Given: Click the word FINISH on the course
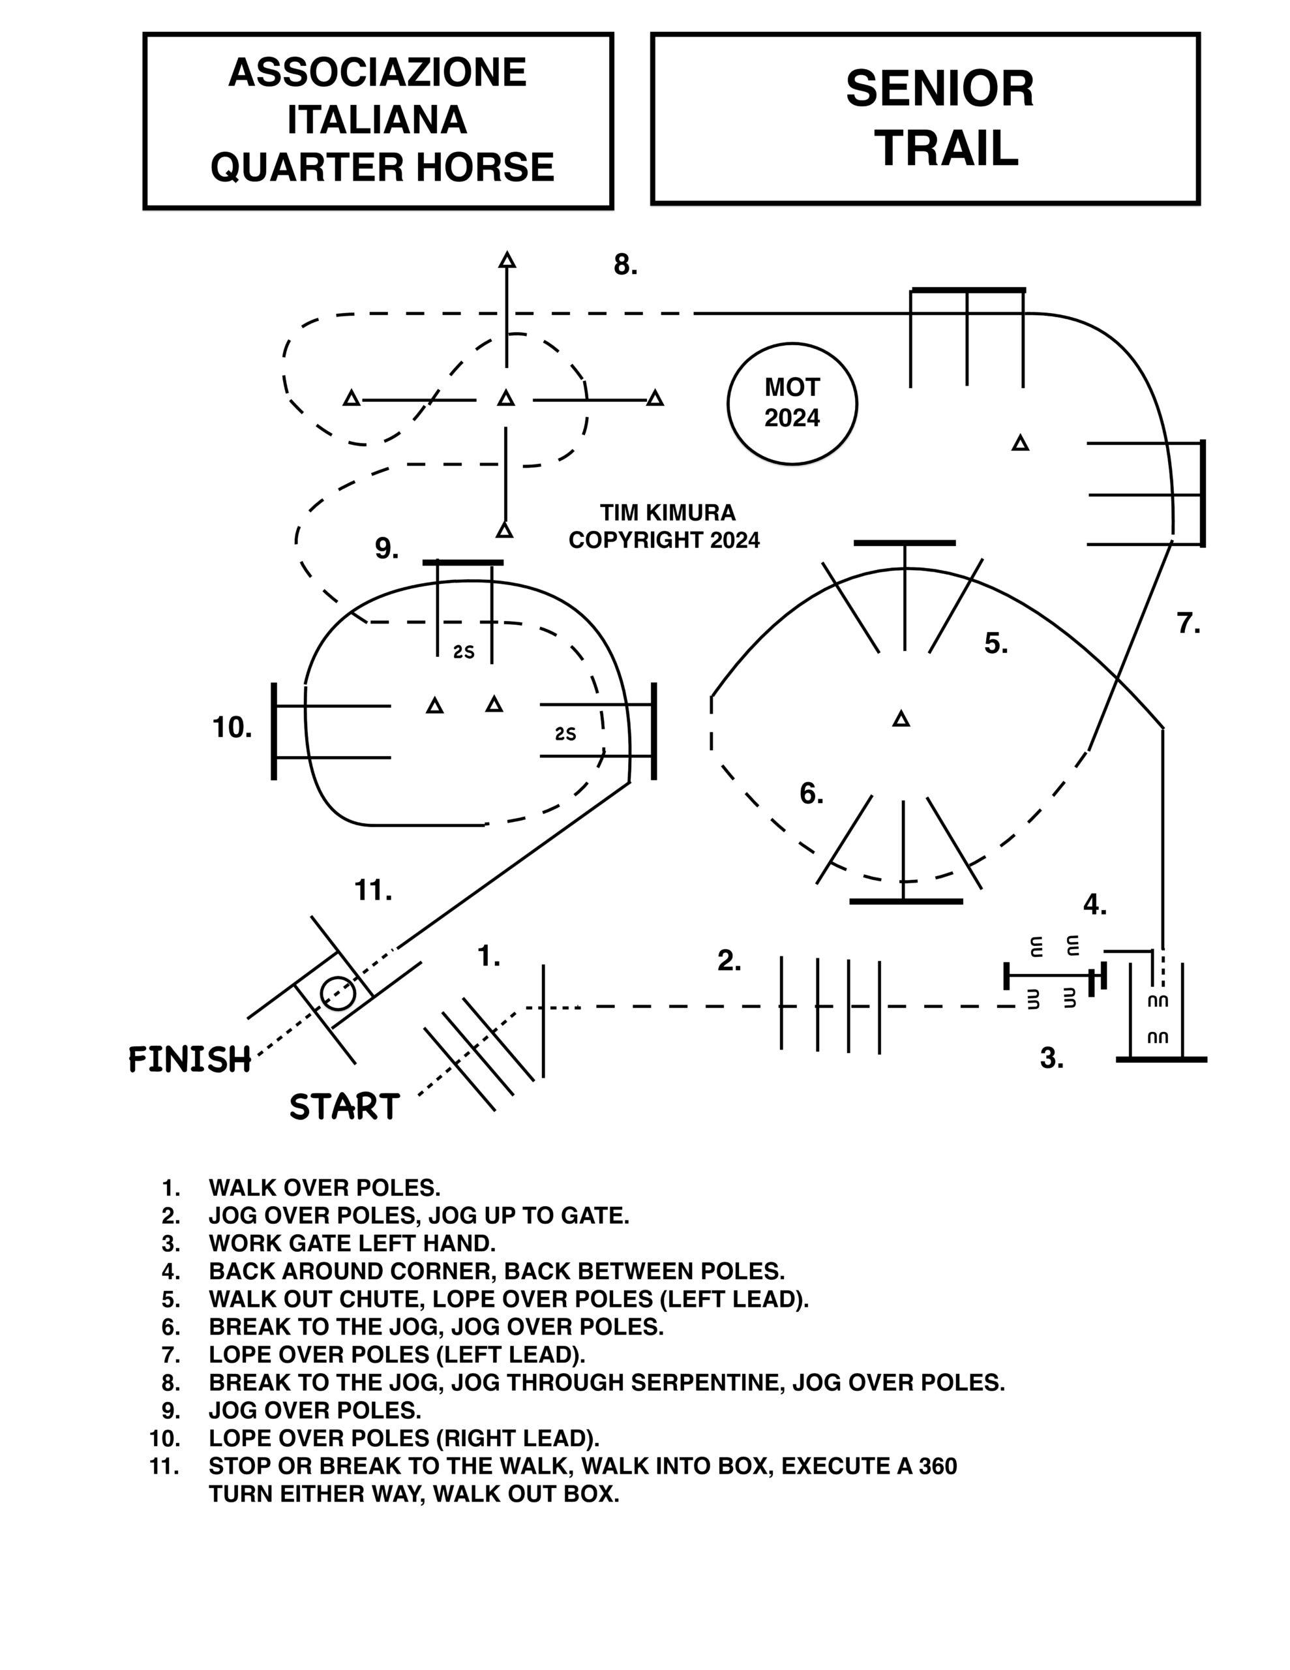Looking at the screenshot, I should [x=190, y=1060].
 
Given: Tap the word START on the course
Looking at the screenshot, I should [x=344, y=1106].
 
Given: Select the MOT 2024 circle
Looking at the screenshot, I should [x=792, y=403].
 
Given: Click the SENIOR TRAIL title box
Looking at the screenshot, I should [x=925, y=119].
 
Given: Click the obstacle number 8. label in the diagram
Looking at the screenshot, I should [x=625, y=266].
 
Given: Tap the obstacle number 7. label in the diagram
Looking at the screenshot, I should [x=1188, y=624].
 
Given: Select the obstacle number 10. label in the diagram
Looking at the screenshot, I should [x=232, y=727].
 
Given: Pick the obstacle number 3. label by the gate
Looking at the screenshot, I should [x=1051, y=1058].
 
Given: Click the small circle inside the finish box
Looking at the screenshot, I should [x=337, y=994].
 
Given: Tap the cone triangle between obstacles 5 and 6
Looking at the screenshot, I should [x=901, y=719].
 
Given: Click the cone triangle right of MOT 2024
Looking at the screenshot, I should [x=1020, y=443].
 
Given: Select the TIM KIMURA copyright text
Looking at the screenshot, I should [x=664, y=526].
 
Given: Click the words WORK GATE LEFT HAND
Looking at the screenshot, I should [x=352, y=1243].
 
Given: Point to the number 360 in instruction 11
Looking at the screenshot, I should [x=937, y=1466].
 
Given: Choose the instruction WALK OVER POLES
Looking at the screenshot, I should [x=324, y=1187].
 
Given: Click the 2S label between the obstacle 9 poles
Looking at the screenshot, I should [x=464, y=652].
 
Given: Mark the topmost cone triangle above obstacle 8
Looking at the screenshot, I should [x=507, y=260].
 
